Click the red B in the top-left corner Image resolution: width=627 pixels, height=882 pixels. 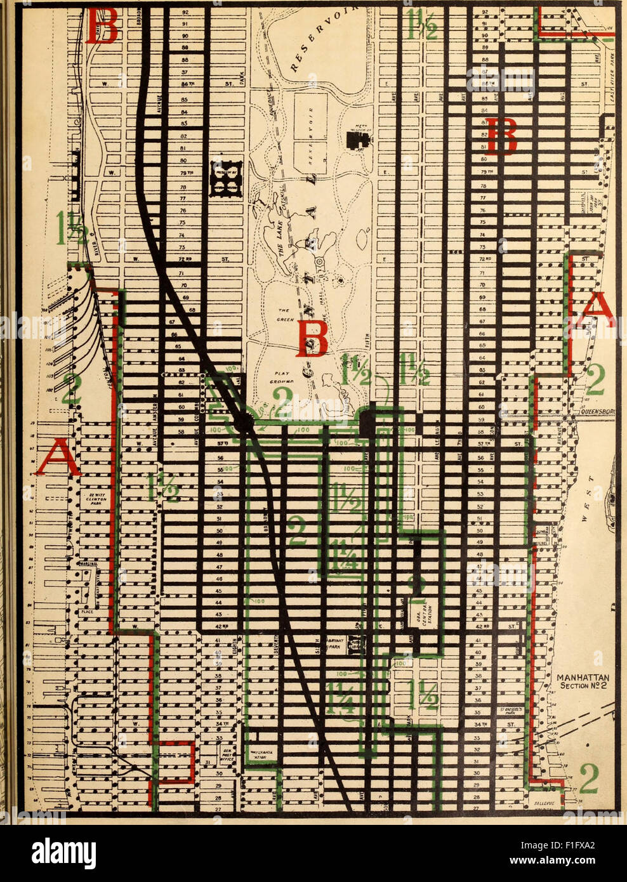pyautogui.click(x=102, y=25)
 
